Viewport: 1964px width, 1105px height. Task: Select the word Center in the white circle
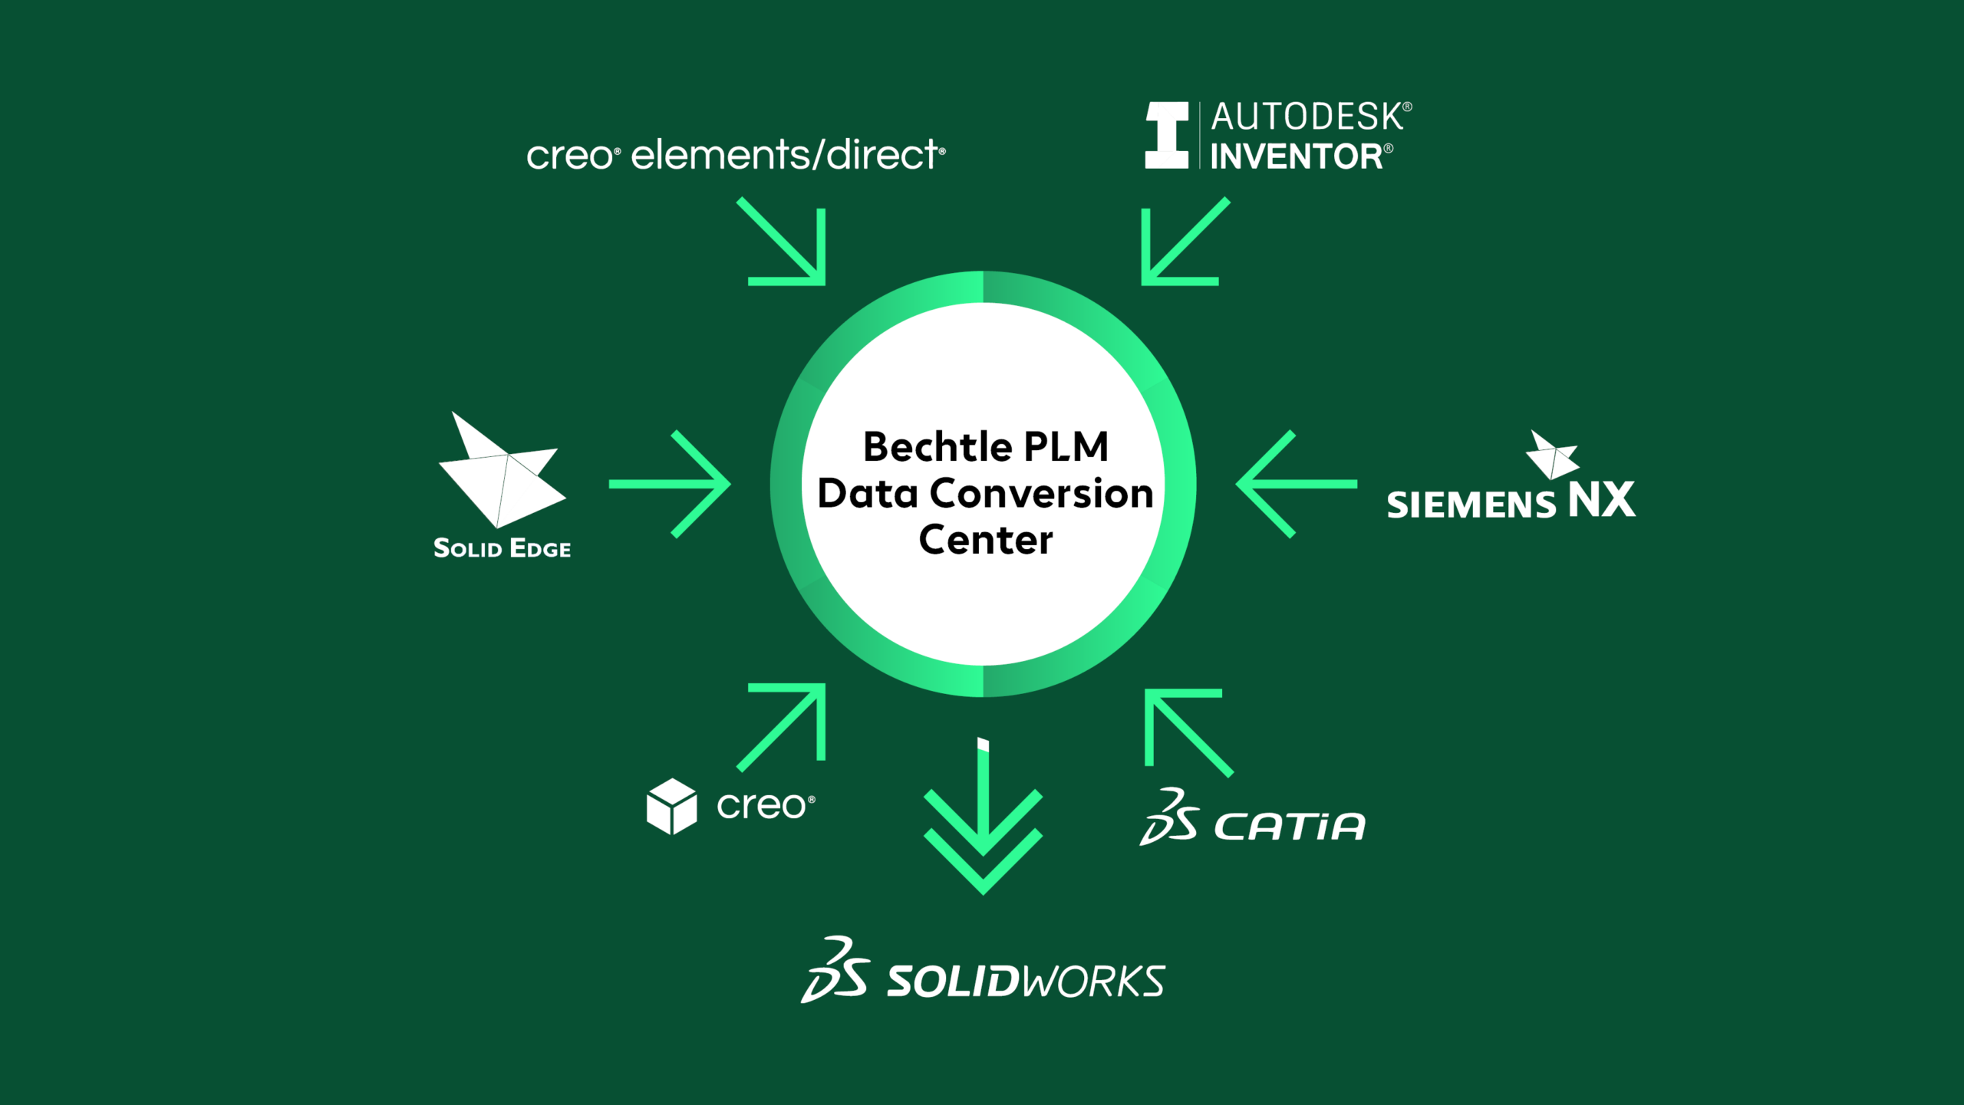click(x=986, y=540)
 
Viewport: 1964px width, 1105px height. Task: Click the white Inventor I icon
click(x=1167, y=135)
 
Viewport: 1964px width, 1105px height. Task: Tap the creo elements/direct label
click(x=736, y=154)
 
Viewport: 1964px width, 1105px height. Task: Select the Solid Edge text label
click(x=503, y=548)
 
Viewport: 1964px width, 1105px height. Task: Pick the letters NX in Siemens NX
click(x=1602, y=500)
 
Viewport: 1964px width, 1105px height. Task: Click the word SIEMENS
click(x=1471, y=505)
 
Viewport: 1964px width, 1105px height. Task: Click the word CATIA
click(x=1290, y=827)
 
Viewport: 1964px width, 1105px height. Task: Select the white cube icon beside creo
click(x=672, y=807)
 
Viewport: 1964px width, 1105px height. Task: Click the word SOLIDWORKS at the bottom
click(x=1026, y=981)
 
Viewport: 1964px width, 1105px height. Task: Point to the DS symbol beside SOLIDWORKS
click(x=835, y=969)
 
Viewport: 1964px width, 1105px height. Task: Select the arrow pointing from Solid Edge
click(x=670, y=484)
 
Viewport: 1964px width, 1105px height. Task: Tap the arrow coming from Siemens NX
click(x=1297, y=484)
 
